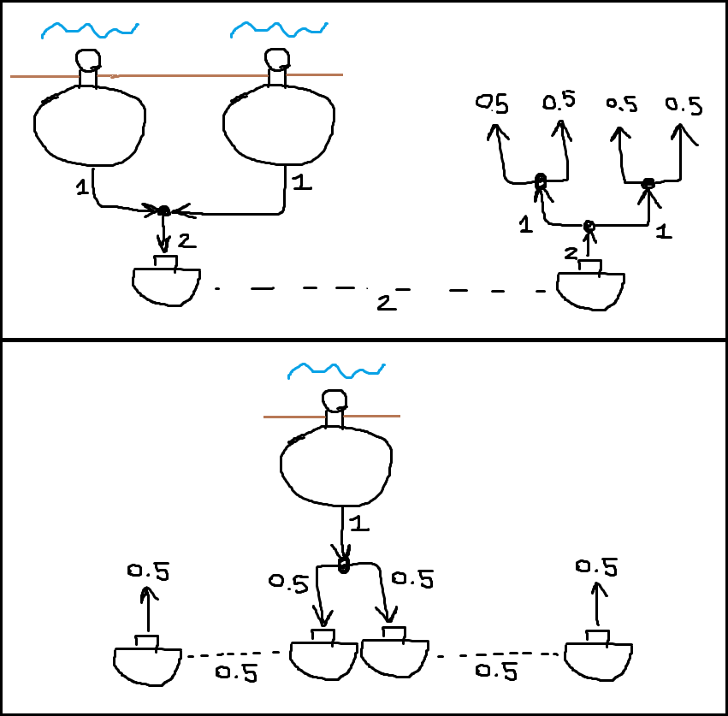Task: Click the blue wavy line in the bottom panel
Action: coord(334,370)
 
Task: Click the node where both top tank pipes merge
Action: coord(162,210)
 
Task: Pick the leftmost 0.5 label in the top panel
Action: coord(492,104)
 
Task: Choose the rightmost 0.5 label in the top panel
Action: coord(684,105)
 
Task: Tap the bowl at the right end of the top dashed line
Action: coord(590,289)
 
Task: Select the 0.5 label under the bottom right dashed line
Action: coord(496,672)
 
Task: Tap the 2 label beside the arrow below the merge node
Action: coord(186,242)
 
